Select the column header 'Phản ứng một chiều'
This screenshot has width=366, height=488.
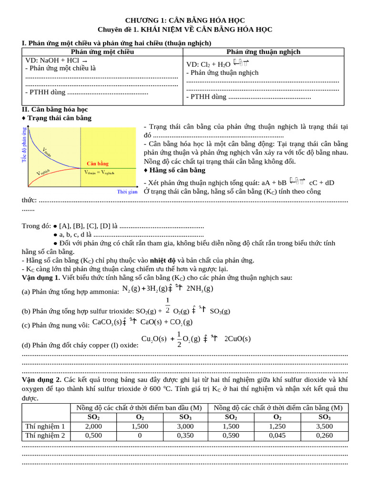102,51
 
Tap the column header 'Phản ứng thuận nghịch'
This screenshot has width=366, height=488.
264,51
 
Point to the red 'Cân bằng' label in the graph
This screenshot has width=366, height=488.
97,163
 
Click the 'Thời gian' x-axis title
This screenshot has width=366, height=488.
127,192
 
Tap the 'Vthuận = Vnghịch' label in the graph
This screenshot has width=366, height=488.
99,173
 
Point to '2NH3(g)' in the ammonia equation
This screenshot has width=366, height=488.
199,288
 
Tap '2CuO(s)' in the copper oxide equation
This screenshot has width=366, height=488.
237,339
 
